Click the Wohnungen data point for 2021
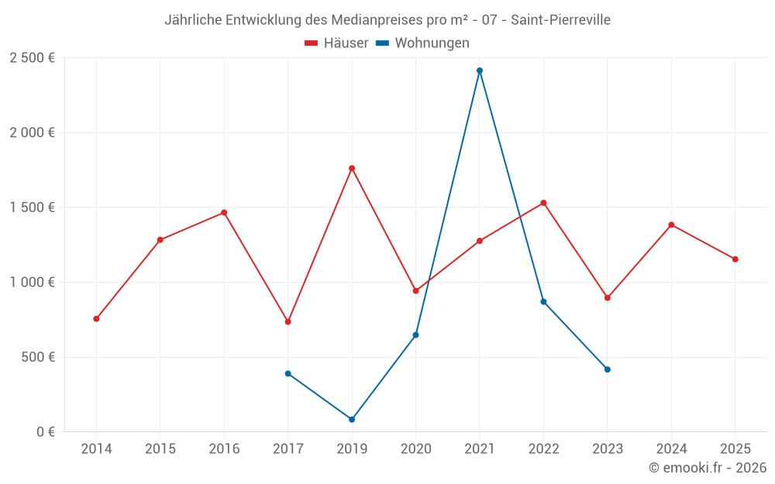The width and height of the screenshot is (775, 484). tap(480, 70)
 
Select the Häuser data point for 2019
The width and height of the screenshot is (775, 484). tap(352, 168)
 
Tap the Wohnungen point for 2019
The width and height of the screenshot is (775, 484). tap(352, 420)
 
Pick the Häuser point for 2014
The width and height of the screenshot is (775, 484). tap(96, 319)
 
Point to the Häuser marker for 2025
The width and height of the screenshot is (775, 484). tap(735, 259)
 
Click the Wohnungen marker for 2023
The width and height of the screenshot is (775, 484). tap(608, 369)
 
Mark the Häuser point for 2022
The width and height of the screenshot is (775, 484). tap(543, 203)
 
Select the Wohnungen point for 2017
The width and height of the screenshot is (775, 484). tap(288, 373)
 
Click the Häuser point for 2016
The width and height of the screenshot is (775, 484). tap(224, 212)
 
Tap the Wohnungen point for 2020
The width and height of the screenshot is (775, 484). tap(415, 335)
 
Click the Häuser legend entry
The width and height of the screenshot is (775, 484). tap(336, 43)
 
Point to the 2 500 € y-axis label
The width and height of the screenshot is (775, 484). tap(32, 58)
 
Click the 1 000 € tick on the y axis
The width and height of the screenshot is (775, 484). tap(32, 283)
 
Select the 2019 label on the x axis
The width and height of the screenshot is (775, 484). tap(352, 449)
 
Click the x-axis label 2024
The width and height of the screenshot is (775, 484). tap(671, 449)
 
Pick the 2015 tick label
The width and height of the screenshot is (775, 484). tap(160, 449)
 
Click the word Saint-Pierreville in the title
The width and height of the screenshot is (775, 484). tap(560, 20)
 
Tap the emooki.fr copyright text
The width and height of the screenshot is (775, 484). tap(708, 468)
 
